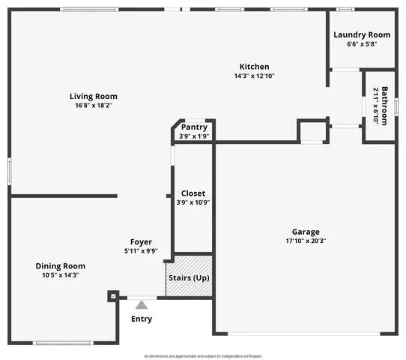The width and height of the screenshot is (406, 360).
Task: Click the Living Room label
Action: point(94,96)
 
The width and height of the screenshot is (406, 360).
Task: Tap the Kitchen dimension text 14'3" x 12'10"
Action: point(254,76)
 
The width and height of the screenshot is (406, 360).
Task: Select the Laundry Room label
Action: point(362,34)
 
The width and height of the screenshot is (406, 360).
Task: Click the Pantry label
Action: point(194,127)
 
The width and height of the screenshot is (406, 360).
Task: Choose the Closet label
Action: point(193,193)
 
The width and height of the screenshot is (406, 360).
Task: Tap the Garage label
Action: point(306,232)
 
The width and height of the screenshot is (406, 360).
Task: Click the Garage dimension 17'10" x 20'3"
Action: point(306,241)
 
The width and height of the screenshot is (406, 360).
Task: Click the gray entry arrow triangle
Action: point(141,304)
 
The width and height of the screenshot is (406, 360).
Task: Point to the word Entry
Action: point(142,319)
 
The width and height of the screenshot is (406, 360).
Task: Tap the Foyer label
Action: point(141,241)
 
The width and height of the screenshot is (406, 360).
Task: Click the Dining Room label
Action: point(61,265)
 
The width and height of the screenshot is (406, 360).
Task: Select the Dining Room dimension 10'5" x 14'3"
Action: point(61,275)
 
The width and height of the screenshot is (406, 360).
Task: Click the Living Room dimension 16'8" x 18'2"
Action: point(94,106)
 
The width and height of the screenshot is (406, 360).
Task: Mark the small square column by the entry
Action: point(112,296)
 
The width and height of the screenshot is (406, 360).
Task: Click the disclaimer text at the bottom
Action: point(203,355)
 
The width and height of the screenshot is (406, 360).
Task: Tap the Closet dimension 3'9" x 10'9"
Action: point(193,202)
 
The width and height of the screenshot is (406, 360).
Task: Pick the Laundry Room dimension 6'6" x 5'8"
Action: point(362,44)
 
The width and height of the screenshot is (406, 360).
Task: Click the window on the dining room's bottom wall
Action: point(62,343)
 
